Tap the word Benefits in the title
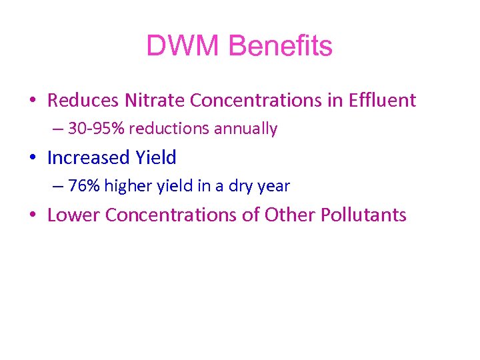[280, 47]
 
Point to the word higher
[126, 186]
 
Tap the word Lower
[73, 215]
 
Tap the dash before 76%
[57, 187]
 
